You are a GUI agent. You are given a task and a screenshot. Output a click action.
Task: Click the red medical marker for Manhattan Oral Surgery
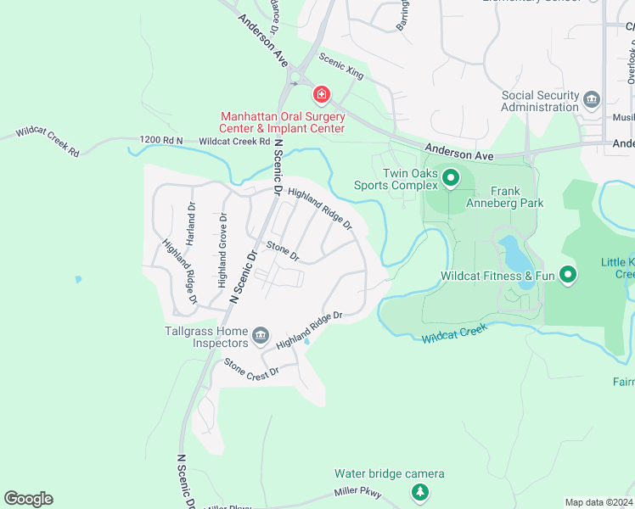tap(322, 94)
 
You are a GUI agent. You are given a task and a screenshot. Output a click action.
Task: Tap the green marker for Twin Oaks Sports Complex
tap(450, 178)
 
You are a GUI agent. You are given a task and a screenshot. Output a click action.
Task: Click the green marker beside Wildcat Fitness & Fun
tap(568, 275)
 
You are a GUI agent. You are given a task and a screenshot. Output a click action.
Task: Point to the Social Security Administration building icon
tap(592, 101)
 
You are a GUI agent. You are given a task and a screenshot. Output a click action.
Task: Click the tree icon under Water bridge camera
tap(419, 491)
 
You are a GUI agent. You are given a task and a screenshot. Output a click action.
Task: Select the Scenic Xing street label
tap(341, 66)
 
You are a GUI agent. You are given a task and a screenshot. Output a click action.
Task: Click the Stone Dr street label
tap(284, 251)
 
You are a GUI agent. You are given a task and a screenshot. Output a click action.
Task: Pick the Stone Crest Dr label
tap(251, 371)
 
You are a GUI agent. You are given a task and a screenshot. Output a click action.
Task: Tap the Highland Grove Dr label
tap(222, 251)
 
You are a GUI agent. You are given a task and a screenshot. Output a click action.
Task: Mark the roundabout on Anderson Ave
tap(296, 79)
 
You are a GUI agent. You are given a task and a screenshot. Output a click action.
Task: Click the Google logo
tap(28, 499)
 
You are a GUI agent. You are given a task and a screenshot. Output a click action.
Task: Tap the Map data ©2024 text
tap(598, 502)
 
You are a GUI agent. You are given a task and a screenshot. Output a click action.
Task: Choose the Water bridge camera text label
tap(389, 473)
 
